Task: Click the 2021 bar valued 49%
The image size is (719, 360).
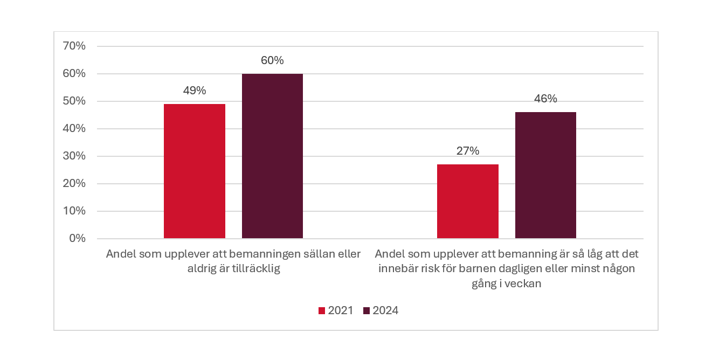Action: (x=195, y=171)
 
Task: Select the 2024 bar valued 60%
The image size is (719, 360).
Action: (x=272, y=156)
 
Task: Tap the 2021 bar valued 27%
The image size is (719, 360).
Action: (x=468, y=201)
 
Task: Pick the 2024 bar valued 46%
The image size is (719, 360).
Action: (x=545, y=175)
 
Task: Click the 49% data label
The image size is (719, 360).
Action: (x=195, y=91)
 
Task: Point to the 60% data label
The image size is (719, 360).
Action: (x=272, y=60)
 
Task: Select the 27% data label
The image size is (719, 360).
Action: (x=468, y=151)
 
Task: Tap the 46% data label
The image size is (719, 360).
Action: (x=545, y=99)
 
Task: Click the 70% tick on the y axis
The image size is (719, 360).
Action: (x=75, y=46)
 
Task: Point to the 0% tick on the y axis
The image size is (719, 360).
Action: (x=78, y=238)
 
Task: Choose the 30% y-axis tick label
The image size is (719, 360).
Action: (x=75, y=156)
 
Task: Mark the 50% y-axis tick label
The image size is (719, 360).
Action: (x=75, y=101)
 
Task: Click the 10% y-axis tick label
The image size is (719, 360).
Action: (x=75, y=211)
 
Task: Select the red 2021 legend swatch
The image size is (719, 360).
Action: (x=322, y=310)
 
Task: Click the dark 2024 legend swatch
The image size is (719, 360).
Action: (x=367, y=310)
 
